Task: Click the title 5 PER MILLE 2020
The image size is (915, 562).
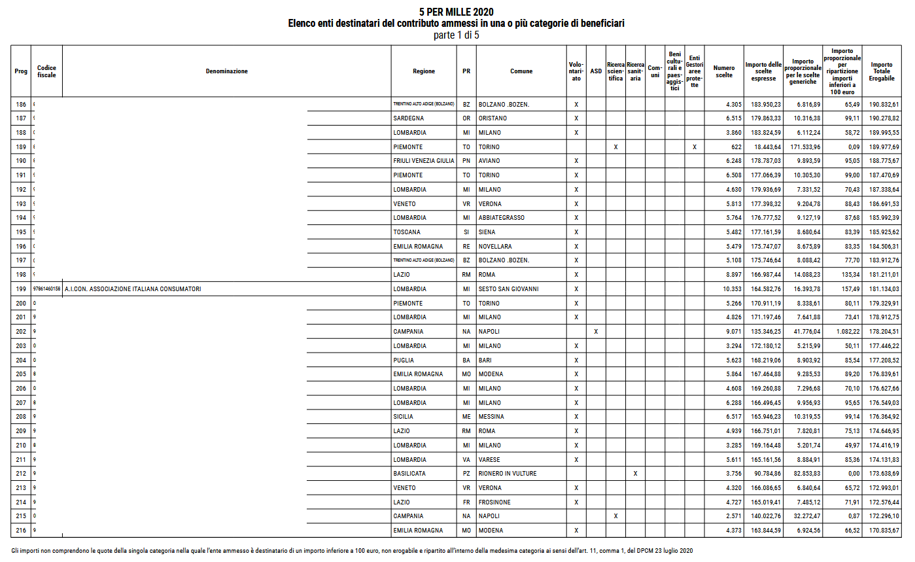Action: tap(457, 12)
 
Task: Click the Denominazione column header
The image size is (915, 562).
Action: tap(226, 71)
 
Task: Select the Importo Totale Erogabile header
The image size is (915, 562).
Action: tap(881, 71)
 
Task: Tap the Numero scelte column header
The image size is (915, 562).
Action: tap(724, 71)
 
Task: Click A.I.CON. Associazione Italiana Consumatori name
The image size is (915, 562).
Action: tap(133, 289)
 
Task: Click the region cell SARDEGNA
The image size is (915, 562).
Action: tap(408, 118)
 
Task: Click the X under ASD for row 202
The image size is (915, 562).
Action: tap(596, 332)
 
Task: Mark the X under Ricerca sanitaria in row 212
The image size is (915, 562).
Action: tap(636, 474)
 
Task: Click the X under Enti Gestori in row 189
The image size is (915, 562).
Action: tap(695, 147)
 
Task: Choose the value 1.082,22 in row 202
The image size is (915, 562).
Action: tap(843, 332)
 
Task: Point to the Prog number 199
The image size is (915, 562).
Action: tap(21, 289)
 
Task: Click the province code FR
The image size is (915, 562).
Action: tap(466, 502)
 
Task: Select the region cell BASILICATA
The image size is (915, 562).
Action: tap(410, 474)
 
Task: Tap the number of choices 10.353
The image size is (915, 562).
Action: tap(724, 289)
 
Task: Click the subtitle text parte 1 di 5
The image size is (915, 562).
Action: tap(457, 35)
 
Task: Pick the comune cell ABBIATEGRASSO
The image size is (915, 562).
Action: tap(501, 218)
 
